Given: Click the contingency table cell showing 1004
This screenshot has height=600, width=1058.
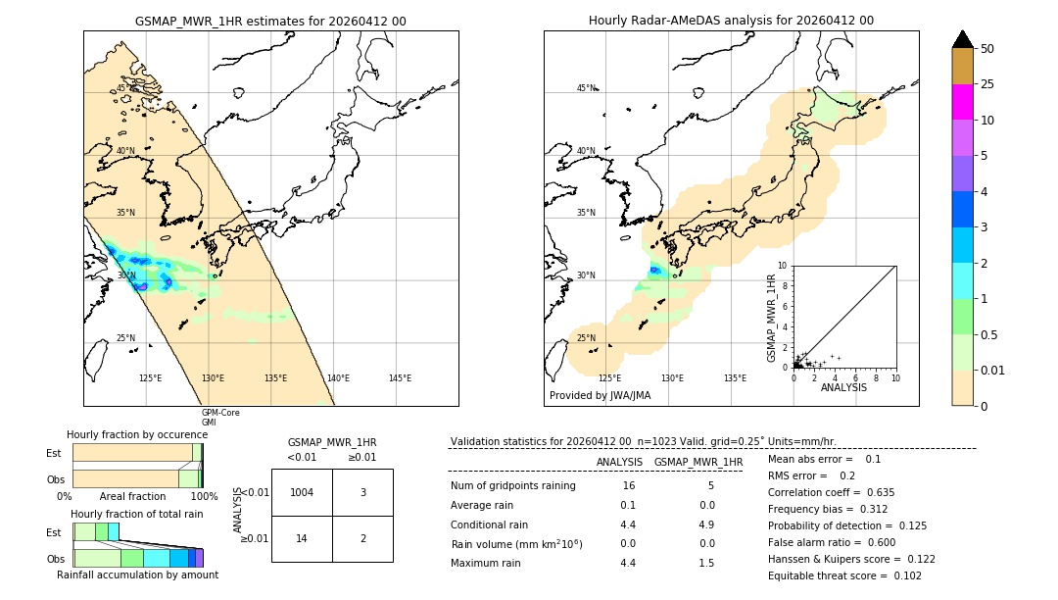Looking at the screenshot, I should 302,492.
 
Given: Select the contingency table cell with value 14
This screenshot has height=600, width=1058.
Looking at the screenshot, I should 302,538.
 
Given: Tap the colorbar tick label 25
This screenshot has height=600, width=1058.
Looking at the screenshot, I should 987,84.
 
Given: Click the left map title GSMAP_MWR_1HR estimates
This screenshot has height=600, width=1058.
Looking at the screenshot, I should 270,21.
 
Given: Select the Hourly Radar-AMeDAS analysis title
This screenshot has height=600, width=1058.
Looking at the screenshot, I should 731,21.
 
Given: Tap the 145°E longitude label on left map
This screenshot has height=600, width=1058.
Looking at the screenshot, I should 400,378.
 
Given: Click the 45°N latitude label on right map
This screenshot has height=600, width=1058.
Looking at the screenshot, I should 586,88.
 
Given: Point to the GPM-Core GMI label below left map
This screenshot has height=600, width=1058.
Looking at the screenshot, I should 220,418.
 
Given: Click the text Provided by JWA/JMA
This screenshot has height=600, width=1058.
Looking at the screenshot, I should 600,396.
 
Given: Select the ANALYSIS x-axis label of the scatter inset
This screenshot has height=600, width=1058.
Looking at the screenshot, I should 843,388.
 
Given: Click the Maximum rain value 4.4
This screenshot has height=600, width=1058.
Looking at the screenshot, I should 628,563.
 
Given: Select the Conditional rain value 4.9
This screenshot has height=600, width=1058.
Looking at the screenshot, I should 706,525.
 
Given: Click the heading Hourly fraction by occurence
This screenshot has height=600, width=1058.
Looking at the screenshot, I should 137,434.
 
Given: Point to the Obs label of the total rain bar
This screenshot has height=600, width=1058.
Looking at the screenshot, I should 55,558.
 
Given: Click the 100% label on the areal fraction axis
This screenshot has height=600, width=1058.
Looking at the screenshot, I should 204,497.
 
